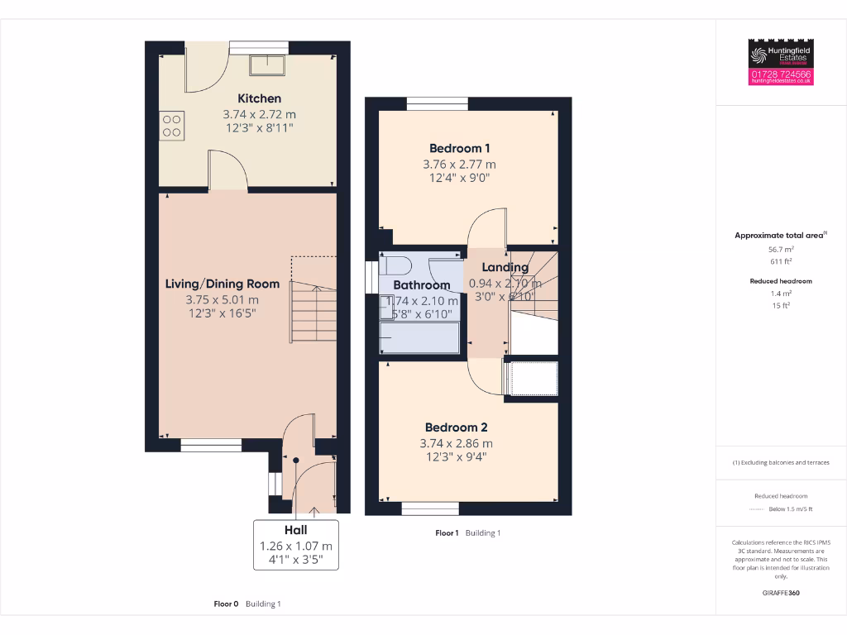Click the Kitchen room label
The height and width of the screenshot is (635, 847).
tap(259, 98)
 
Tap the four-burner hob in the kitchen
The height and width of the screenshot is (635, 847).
tap(172, 125)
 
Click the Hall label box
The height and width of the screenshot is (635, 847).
tap(295, 545)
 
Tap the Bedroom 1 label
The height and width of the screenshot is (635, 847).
tap(459, 148)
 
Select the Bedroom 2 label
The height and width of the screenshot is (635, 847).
tap(456, 427)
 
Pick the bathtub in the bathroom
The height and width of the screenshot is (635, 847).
tap(419, 338)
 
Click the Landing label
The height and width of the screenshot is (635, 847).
tap(505, 267)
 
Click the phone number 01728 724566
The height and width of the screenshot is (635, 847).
tap(781, 74)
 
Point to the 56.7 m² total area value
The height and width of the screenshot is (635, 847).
tap(781, 249)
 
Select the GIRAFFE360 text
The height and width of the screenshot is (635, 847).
tap(781, 593)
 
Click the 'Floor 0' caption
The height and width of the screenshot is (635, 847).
tap(226, 604)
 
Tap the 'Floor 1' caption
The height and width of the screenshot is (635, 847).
tap(447, 533)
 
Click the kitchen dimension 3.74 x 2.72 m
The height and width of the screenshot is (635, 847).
tap(259, 114)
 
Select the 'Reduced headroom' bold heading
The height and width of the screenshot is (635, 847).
tap(781, 281)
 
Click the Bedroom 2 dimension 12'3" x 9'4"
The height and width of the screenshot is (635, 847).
tap(456, 456)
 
